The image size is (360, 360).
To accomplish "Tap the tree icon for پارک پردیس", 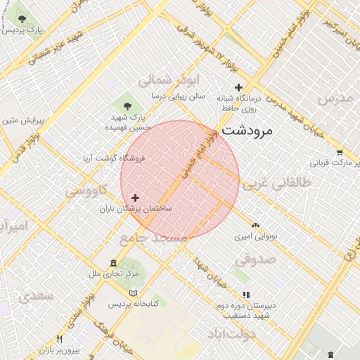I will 22,19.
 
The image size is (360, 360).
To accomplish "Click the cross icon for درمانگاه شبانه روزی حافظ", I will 238,87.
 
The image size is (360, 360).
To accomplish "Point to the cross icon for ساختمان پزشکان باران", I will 136,198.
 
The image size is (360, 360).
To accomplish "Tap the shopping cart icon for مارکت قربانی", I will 340,151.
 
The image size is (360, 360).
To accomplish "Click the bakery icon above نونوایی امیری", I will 255,225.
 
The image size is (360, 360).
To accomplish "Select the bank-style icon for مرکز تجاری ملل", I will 113,263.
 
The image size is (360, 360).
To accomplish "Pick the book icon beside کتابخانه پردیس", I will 134,292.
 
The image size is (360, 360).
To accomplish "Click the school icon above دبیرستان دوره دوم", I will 245,295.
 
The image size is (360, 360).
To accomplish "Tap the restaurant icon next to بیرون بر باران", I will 59,339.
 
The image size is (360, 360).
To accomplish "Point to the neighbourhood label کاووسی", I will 87,191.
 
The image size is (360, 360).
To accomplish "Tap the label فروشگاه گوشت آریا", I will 113,159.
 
